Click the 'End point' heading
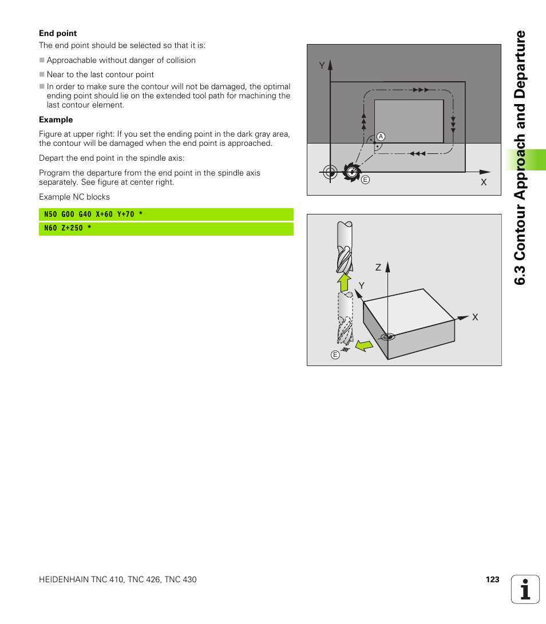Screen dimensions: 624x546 tap(58, 33)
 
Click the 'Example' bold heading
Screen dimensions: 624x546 tap(56, 120)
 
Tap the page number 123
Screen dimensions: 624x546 tap(492, 579)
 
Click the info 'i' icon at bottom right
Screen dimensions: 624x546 tap(525, 589)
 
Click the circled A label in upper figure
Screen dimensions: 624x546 tap(380, 137)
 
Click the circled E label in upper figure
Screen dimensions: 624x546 tap(365, 180)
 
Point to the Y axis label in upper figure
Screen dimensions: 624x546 tap(322, 66)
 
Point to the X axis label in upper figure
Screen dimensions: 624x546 tap(483, 182)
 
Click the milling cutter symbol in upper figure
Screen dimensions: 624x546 tap(350, 171)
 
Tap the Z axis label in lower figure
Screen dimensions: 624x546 tap(378, 268)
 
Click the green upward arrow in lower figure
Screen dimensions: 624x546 tap(344, 282)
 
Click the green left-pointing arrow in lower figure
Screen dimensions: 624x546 tap(363, 345)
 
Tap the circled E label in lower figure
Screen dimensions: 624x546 tap(335, 355)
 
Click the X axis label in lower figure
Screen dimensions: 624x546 tap(475, 317)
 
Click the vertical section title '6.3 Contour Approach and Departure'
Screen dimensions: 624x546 tap(520, 157)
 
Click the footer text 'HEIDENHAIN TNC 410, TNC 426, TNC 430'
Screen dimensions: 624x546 tap(117, 579)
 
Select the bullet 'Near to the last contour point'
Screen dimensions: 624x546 tap(100, 74)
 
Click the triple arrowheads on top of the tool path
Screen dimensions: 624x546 tap(420, 90)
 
